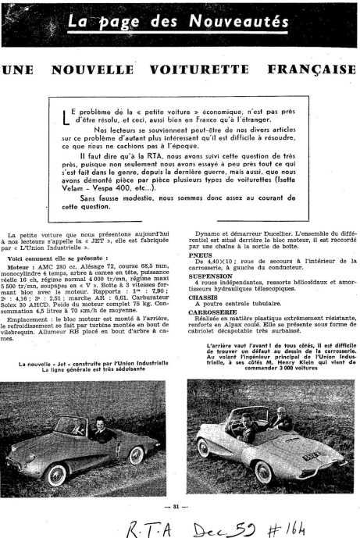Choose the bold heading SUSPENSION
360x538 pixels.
[x=206, y=275]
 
